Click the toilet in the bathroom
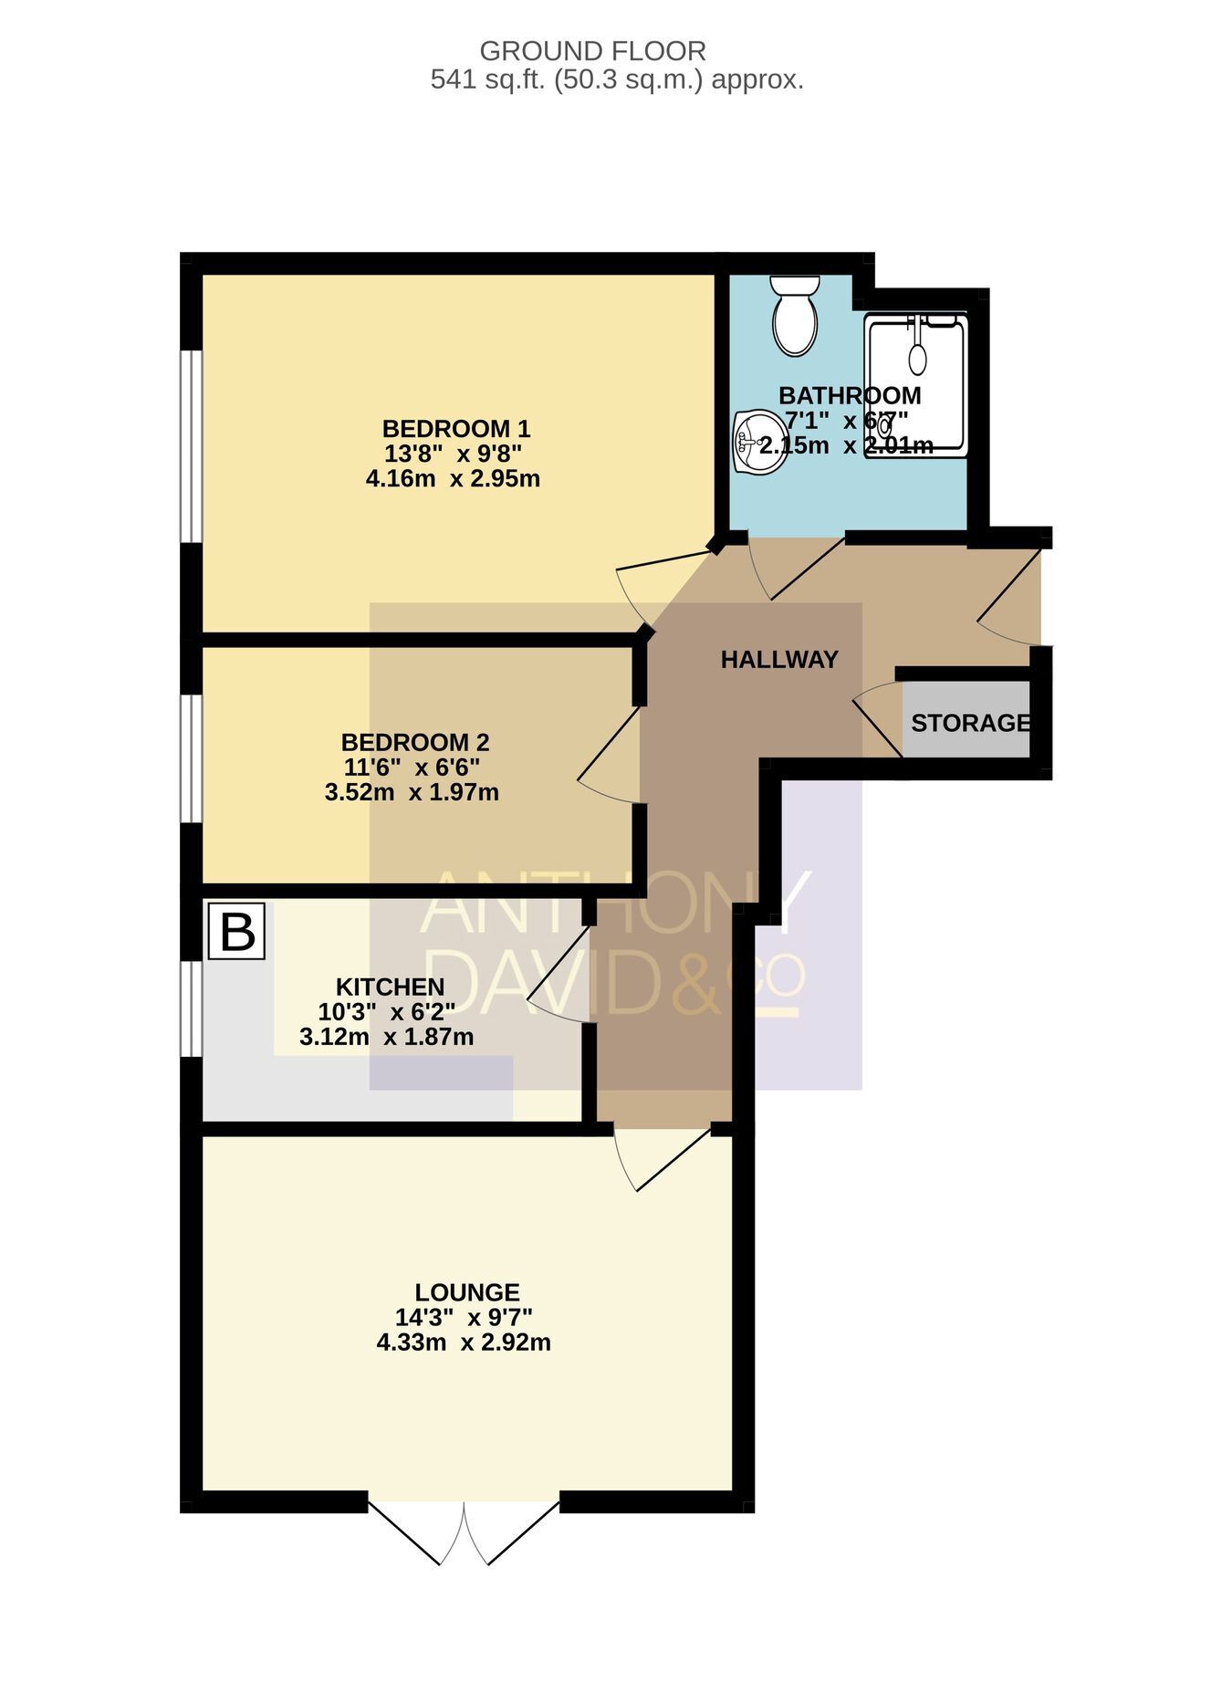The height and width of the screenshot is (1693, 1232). pyautogui.click(x=795, y=315)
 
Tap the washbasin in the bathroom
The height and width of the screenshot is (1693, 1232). pyautogui.click(x=759, y=442)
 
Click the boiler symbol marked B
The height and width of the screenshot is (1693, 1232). pyautogui.click(x=236, y=931)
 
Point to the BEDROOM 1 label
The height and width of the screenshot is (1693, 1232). pyautogui.click(x=456, y=428)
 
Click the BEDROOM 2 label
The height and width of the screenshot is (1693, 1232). pyautogui.click(x=415, y=742)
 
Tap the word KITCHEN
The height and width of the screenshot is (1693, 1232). pyautogui.click(x=391, y=987)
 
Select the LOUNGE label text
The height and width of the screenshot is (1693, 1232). pyautogui.click(x=467, y=1292)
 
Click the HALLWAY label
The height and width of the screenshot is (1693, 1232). pyautogui.click(x=779, y=659)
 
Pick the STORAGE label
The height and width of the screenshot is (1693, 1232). pyautogui.click(x=971, y=723)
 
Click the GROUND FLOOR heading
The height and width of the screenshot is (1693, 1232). pyautogui.click(x=593, y=50)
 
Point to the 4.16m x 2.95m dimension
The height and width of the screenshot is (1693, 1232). pyautogui.click(x=453, y=478)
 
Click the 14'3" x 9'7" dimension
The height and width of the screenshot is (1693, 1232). pyautogui.click(x=464, y=1317)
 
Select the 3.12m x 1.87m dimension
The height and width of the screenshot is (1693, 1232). pyautogui.click(x=387, y=1037)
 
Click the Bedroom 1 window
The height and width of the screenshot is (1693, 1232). pyautogui.click(x=190, y=446)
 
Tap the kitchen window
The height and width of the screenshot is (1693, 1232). pyautogui.click(x=190, y=1008)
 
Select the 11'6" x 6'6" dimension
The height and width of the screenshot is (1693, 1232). pyautogui.click(x=412, y=767)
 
